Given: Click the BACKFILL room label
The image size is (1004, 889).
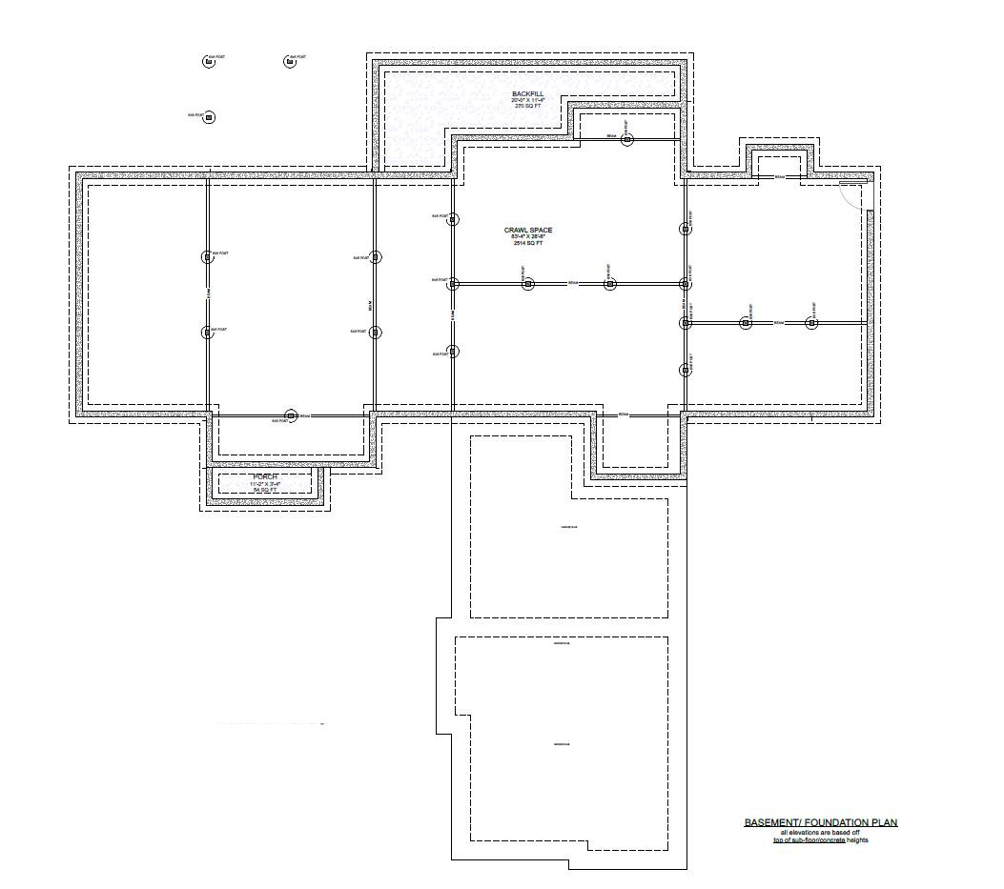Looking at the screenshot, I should click(527, 93).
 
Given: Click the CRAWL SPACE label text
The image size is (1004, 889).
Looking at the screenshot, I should click(528, 231).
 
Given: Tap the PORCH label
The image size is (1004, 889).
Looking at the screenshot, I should click(265, 476).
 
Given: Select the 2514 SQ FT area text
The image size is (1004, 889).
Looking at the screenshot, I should click(528, 244).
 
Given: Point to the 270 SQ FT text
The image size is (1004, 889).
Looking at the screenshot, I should click(527, 106).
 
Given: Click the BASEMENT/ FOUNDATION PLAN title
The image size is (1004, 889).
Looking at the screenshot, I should click(820, 822).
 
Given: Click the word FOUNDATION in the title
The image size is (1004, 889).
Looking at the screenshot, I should click(834, 822).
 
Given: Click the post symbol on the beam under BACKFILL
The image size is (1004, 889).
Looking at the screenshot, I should click(626, 140).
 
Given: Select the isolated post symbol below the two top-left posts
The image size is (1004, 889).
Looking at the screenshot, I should click(210, 117).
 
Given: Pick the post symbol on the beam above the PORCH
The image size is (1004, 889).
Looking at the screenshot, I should click(293, 416).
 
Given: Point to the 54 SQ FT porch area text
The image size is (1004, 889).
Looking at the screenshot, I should click(265, 490).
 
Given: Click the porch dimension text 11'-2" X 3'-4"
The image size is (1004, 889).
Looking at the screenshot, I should click(265, 483).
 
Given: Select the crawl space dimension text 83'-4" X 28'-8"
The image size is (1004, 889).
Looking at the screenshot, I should click(528, 237).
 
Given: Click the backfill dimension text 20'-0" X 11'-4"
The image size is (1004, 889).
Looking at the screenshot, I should click(527, 100).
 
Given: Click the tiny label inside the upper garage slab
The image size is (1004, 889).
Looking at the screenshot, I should click(561, 529).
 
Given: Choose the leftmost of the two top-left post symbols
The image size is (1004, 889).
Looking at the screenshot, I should click(208, 62).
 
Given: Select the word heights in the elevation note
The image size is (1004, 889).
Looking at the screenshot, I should click(856, 840).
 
